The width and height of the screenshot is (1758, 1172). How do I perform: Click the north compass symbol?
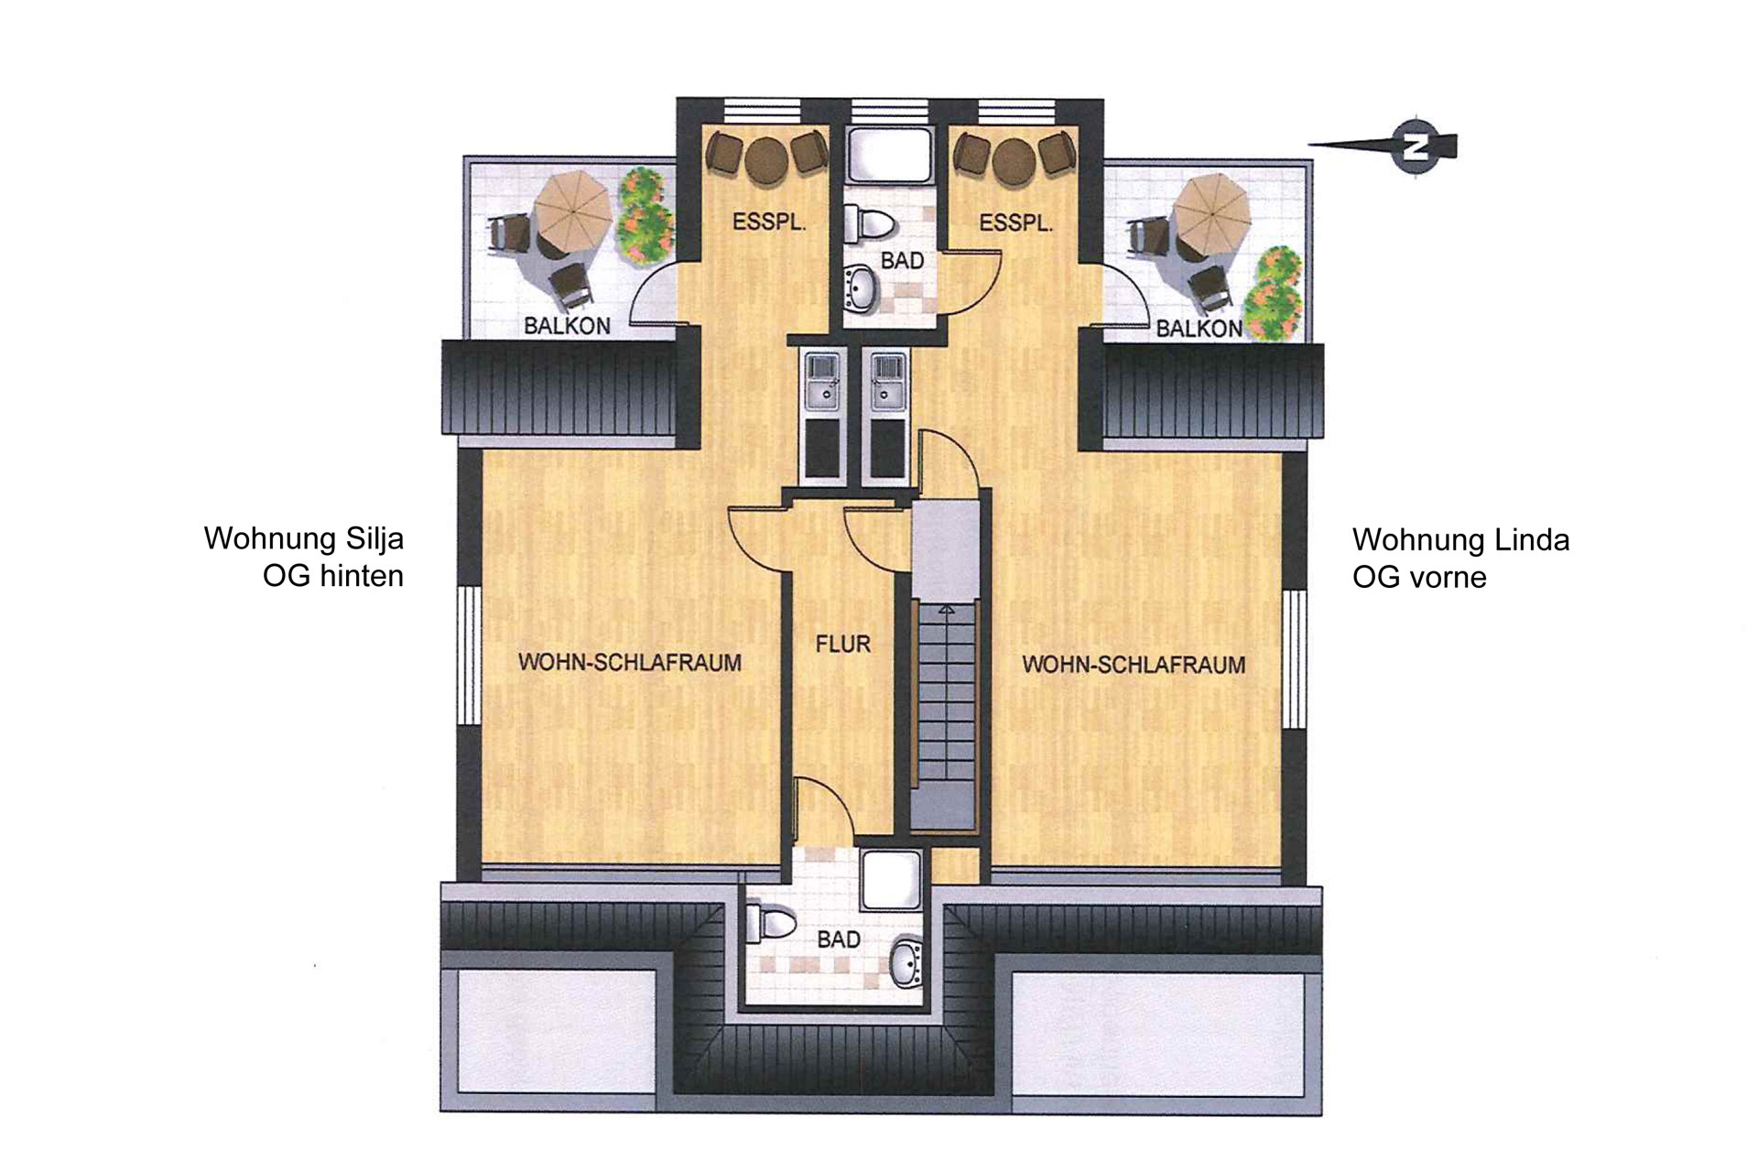(x=1415, y=147)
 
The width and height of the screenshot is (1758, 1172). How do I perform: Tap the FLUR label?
(x=842, y=645)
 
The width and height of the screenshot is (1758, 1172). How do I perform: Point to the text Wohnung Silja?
(x=304, y=538)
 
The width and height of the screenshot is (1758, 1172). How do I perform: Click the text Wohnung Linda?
(x=1461, y=539)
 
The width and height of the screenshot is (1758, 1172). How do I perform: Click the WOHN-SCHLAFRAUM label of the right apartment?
(x=1134, y=664)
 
